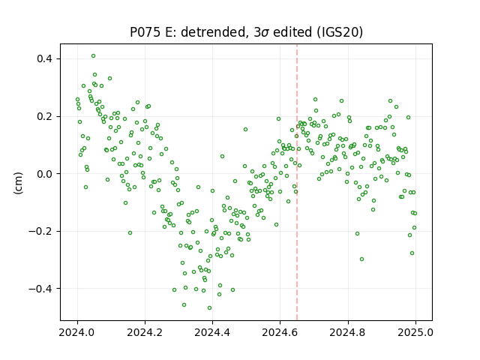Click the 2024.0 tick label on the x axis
tap(77, 332)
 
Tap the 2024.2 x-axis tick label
tap(145, 332)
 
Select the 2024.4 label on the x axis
tap(212, 332)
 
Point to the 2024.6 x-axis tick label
tap(280, 332)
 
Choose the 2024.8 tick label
tap(348, 332)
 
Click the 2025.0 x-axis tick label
tap(415, 332)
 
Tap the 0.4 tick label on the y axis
tap(45, 58)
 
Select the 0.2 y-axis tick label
tap(45, 117)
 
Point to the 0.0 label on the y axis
tap(45, 174)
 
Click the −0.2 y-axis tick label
tap(40, 232)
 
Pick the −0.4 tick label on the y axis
tap(40, 289)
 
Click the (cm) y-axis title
tap(18, 183)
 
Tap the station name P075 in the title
tap(145, 32)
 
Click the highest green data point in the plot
tap(93, 56)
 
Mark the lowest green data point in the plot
tap(209, 308)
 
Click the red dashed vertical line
tap(297, 182)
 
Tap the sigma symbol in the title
tap(265, 33)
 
